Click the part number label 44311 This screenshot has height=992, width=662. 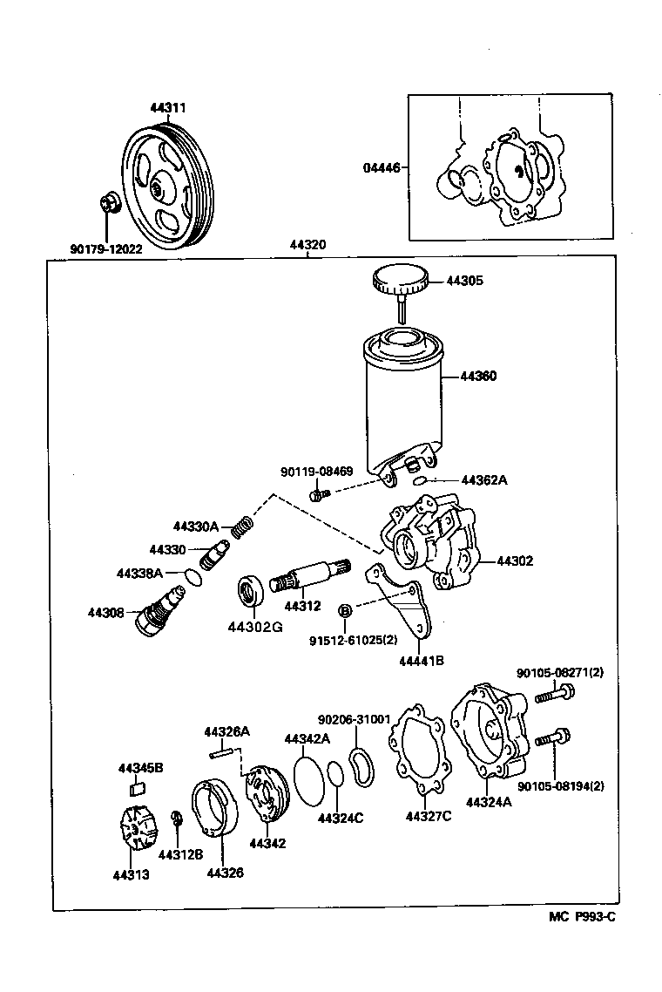[167, 108]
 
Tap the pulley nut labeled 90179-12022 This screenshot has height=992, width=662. [110, 205]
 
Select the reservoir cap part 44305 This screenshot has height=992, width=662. [401, 280]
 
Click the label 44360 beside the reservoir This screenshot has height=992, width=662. [478, 377]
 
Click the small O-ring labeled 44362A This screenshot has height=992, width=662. [420, 480]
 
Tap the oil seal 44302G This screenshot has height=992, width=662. [254, 592]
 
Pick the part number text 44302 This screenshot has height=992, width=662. [515, 561]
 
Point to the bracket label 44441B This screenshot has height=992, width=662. [422, 661]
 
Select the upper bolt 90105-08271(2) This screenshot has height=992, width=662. [553, 695]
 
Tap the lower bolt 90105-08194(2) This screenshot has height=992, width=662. [551, 739]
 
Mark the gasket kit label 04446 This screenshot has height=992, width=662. [382, 167]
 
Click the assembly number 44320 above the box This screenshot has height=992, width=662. [308, 245]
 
